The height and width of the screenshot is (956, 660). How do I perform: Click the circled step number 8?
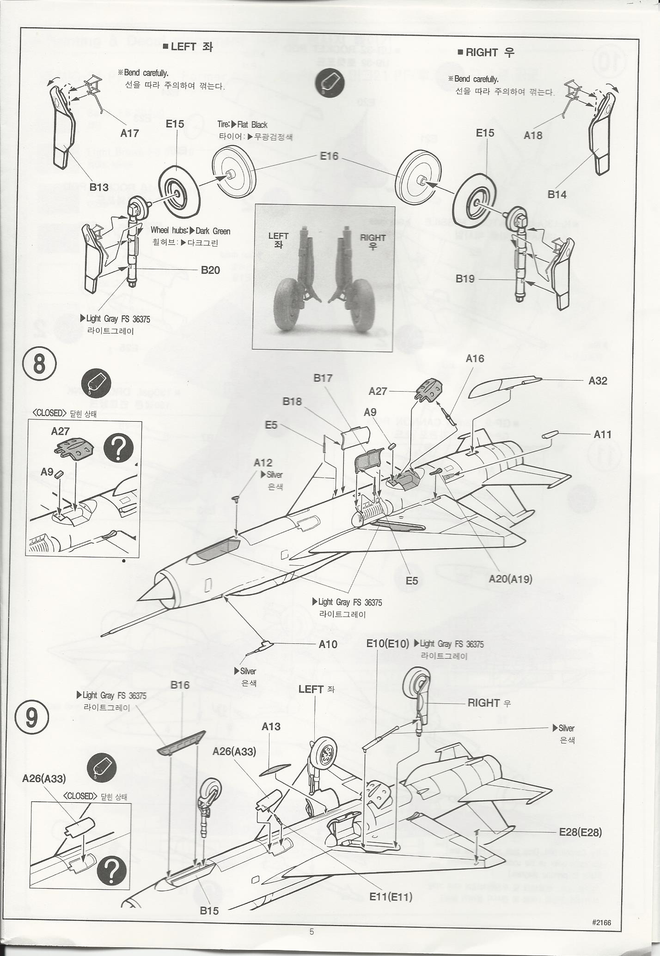point(40,364)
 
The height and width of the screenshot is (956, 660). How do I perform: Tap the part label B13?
point(99,187)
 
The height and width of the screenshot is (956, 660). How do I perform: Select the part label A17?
point(129,133)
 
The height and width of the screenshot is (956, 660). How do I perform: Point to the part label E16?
point(329,156)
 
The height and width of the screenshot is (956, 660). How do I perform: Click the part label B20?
point(210,270)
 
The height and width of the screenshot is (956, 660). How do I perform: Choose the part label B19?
point(465,278)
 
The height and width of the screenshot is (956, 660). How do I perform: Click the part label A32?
point(598,381)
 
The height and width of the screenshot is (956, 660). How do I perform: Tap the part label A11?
point(602,434)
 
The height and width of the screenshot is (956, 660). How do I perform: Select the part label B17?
point(323,378)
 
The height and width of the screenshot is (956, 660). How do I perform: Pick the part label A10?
point(328,644)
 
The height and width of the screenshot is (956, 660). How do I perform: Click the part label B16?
point(180,685)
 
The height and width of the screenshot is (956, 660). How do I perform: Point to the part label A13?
point(271,726)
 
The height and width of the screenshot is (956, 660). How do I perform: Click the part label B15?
point(209,911)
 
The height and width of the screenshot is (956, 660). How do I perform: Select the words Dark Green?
point(213,231)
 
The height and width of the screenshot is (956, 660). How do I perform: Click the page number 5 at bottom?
point(312,932)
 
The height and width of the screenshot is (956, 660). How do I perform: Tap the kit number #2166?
point(601,922)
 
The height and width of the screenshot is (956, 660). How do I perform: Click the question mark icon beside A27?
point(119,448)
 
